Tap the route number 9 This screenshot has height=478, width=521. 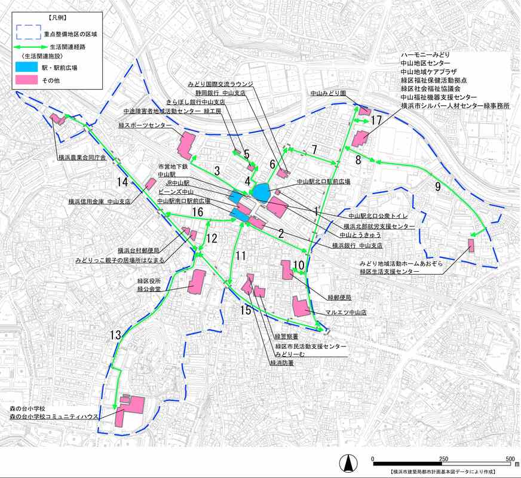[438, 187]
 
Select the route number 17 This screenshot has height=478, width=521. [375, 121]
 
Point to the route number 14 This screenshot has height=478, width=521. [122, 182]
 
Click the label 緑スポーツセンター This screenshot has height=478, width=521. [141, 125]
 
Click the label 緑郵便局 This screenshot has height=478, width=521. [339, 297]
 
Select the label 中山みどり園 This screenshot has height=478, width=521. [329, 93]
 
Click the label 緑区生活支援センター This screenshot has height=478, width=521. [388, 271]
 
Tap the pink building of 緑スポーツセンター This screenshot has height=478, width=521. [187, 145]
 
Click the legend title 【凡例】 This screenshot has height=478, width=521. [58, 18]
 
